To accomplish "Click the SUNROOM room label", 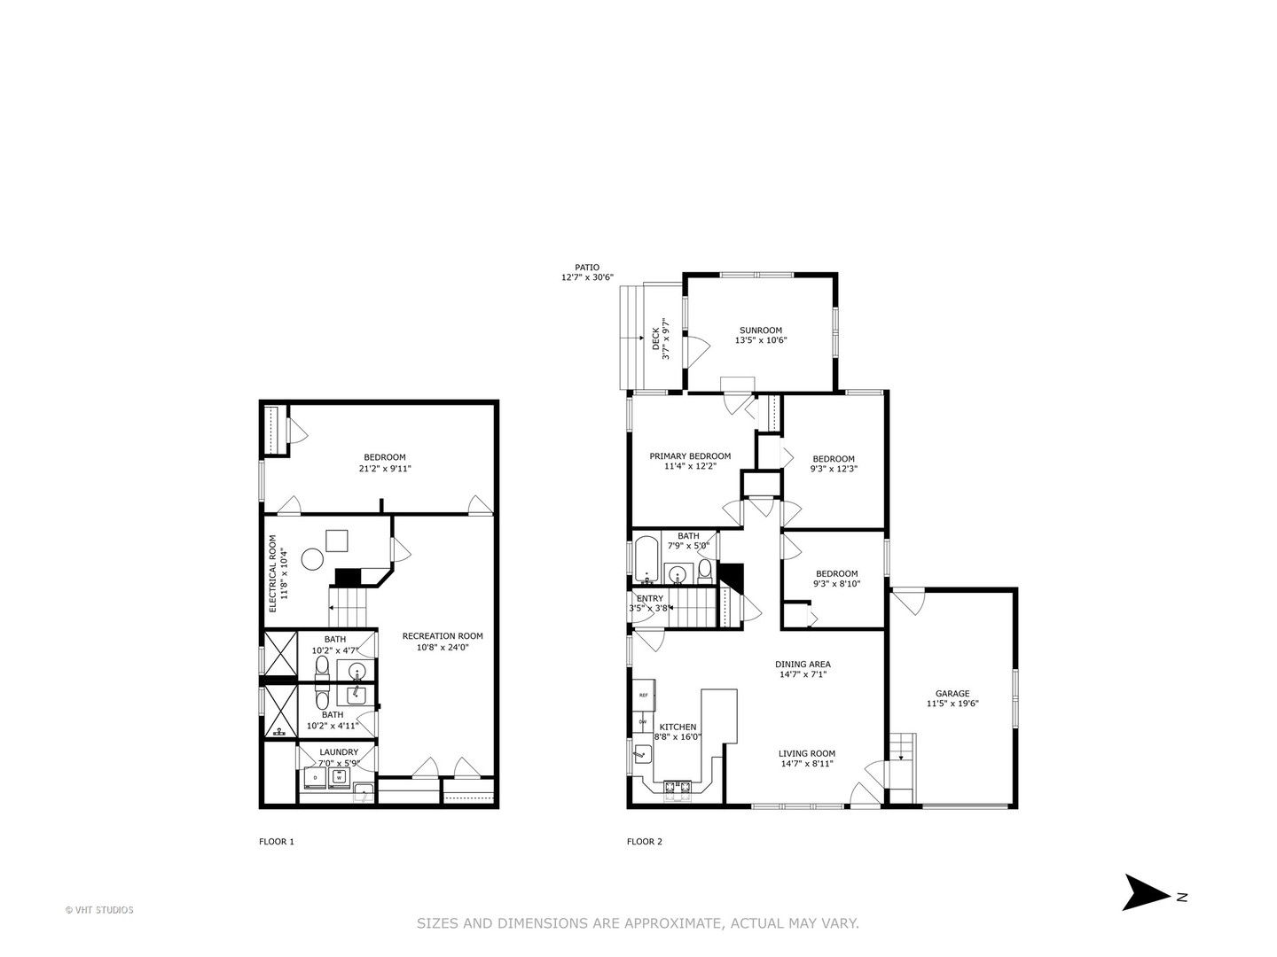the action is coord(760,330).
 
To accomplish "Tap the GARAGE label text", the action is coord(952,693).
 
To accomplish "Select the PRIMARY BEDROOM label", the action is coord(690,456).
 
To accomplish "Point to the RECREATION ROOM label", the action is coord(443,636).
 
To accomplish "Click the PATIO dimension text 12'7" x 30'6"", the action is coord(587,277).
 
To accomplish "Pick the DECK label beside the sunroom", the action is coord(655,338).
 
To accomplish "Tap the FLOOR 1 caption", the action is coord(277,842).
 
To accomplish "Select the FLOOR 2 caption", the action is coord(644,842).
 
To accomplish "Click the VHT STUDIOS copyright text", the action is coord(99,910).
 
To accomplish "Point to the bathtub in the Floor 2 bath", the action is coord(646,560).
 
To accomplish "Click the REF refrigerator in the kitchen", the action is coord(644,695).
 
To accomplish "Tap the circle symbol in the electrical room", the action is coord(312,559).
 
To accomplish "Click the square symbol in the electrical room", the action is coord(336,541).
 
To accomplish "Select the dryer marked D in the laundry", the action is coord(315,777).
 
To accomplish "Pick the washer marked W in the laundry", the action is coord(338,777).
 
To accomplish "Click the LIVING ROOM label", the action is coord(807,753).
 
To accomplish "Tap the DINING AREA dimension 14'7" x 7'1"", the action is coord(803,674).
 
